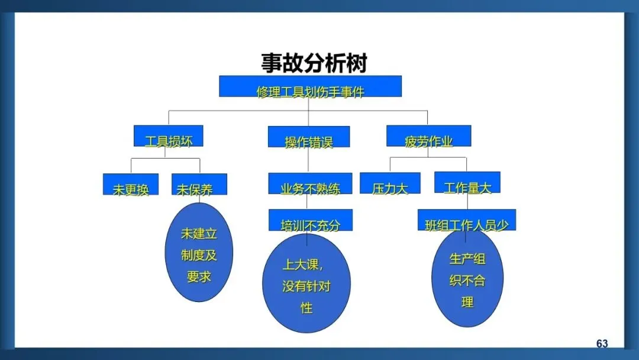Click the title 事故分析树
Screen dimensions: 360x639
(x=314, y=63)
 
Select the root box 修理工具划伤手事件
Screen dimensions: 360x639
(x=310, y=86)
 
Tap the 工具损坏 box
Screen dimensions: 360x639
(x=169, y=136)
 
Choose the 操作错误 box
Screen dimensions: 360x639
(x=308, y=137)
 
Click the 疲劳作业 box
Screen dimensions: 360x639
(x=428, y=136)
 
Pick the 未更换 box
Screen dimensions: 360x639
(x=131, y=184)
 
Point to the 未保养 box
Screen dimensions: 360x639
(x=199, y=184)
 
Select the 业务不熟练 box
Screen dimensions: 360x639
(x=310, y=184)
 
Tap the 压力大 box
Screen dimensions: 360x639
(x=390, y=183)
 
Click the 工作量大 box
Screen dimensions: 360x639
(x=467, y=182)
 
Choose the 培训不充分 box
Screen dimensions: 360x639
(x=310, y=220)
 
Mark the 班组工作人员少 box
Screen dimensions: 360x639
(x=466, y=220)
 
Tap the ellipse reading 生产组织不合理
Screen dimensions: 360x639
(x=467, y=278)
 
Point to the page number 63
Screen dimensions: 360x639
(x=602, y=344)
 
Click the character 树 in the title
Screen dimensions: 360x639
(x=356, y=63)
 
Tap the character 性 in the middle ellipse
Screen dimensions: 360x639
(x=306, y=308)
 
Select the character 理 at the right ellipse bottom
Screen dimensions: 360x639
(x=467, y=302)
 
